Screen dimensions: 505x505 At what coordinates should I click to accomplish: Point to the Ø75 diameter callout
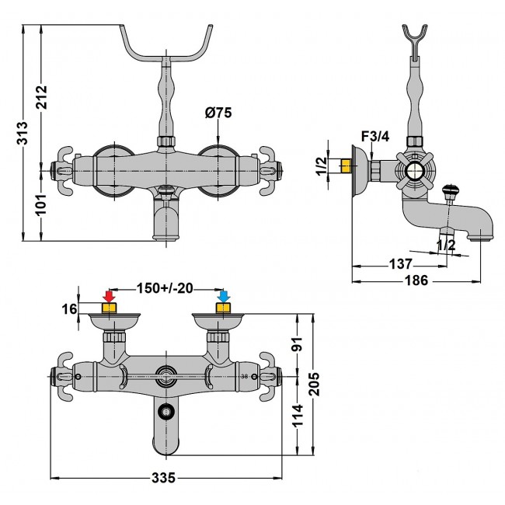[218, 113]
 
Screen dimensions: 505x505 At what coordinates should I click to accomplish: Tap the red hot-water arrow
[110, 297]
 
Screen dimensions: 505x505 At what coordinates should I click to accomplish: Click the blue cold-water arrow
[224, 297]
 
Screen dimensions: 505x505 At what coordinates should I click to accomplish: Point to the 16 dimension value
[70, 309]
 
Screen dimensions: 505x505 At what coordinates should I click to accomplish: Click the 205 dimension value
[315, 386]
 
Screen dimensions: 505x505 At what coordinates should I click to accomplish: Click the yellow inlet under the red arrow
[110, 309]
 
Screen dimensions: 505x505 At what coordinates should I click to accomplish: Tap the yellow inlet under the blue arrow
[224, 309]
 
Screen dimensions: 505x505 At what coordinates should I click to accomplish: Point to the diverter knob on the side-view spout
[450, 190]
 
